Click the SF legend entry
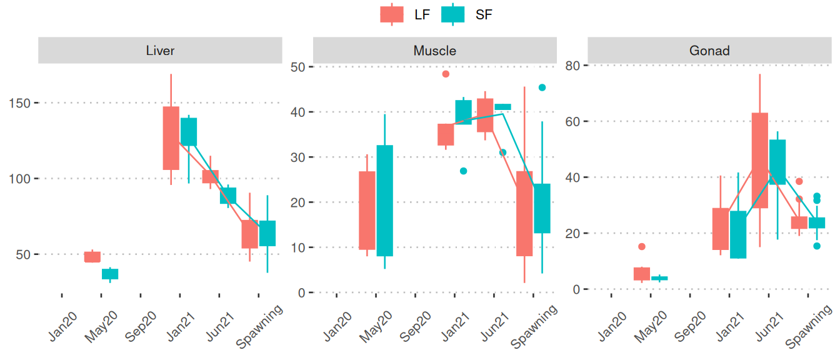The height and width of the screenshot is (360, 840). pos(466,14)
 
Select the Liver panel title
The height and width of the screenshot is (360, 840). pos(159,51)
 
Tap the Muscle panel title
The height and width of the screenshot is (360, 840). pos(434,51)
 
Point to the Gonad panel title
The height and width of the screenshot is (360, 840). pos(709,51)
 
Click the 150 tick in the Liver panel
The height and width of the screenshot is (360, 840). pos(22,102)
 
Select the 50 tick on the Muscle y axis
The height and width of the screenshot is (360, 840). pos(298,66)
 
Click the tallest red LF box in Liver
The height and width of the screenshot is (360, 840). pos(171,137)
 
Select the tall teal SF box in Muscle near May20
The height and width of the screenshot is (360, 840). pos(385,201)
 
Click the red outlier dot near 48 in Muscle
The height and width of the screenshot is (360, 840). pos(446,74)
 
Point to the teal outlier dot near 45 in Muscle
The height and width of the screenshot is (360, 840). pos(542,87)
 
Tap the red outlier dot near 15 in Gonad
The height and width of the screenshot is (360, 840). pos(641,246)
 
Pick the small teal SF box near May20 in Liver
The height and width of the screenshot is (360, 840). pos(111,274)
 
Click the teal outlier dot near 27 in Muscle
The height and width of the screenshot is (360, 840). pos(463,171)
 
